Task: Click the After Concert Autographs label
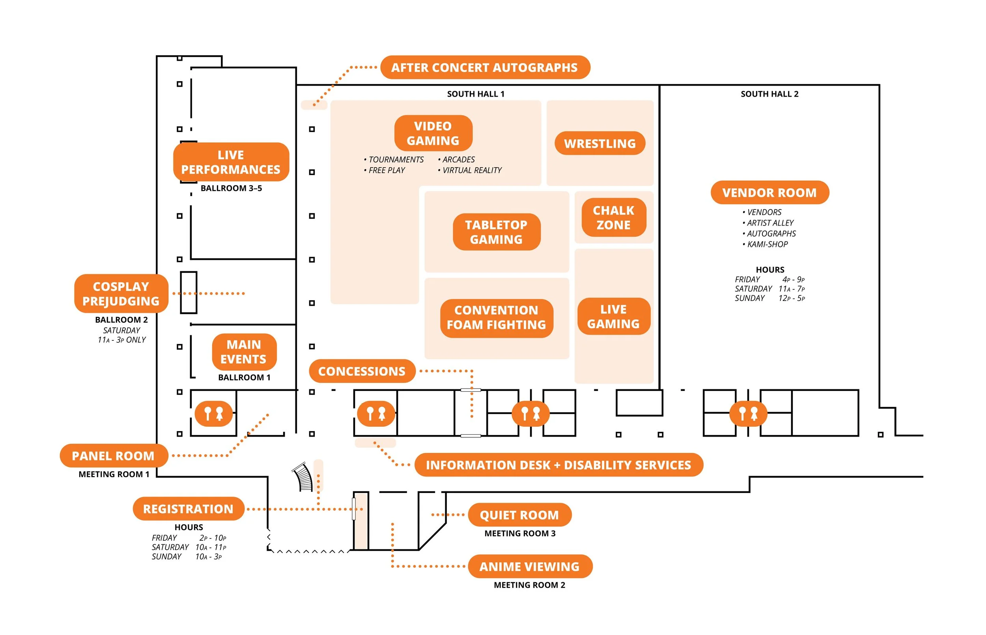click(x=485, y=67)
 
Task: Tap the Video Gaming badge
click(x=433, y=133)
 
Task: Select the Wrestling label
click(x=600, y=144)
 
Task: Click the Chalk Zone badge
click(x=613, y=217)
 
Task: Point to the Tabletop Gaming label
click(x=496, y=232)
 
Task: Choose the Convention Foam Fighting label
click(x=496, y=317)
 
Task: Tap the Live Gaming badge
click(x=613, y=316)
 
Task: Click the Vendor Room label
click(x=769, y=192)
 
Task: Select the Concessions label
click(x=362, y=371)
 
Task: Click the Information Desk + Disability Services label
click(x=558, y=465)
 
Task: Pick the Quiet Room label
click(x=519, y=515)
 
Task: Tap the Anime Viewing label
click(x=530, y=566)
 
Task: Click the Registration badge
click(x=189, y=509)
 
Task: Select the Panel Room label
click(x=113, y=456)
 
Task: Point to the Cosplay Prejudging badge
click(x=121, y=293)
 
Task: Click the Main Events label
click(x=244, y=352)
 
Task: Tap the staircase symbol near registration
click(x=303, y=478)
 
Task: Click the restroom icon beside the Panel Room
click(x=213, y=413)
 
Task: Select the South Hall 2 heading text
click(x=769, y=94)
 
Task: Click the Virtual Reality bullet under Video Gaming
click(x=471, y=170)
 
